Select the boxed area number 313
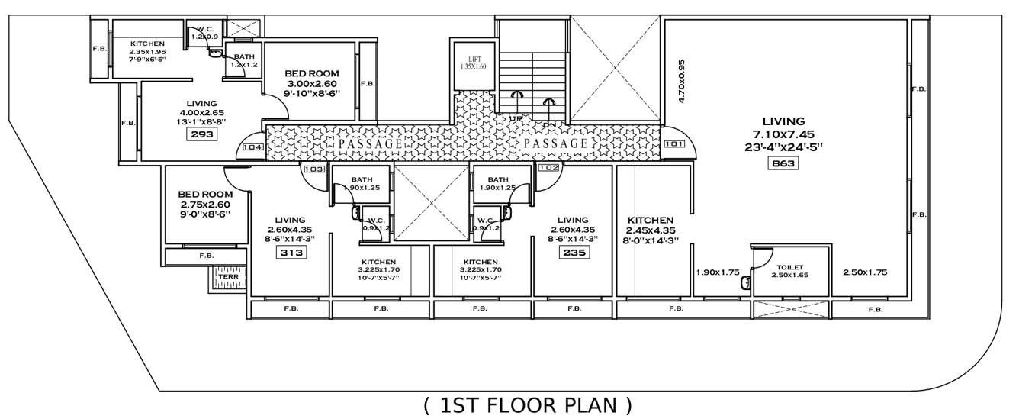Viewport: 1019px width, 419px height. click(291, 253)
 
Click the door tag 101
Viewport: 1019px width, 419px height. click(673, 144)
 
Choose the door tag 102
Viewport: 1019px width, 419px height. click(548, 167)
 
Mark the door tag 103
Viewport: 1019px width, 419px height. click(313, 169)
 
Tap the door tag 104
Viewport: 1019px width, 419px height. click(252, 147)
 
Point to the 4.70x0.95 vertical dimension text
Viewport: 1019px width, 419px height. click(683, 82)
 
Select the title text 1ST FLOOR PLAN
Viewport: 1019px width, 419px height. click(528, 405)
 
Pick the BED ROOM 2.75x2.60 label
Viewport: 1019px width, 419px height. click(205, 205)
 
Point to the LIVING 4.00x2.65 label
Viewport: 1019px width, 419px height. click(201, 112)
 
